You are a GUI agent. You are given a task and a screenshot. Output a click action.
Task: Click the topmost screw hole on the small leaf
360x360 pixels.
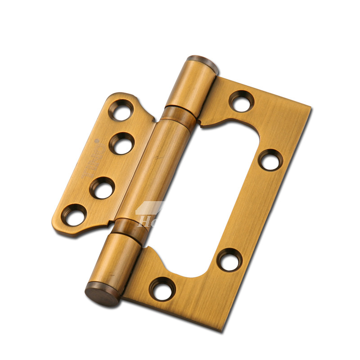[122, 110]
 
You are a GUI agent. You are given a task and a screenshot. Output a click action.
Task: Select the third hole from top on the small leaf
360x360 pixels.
[103, 188]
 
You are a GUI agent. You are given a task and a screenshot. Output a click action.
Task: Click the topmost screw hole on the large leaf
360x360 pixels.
[242, 101]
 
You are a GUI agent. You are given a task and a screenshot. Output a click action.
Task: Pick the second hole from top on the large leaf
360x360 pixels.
[270, 160]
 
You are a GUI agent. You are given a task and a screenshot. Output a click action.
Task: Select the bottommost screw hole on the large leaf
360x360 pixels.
[163, 288]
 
